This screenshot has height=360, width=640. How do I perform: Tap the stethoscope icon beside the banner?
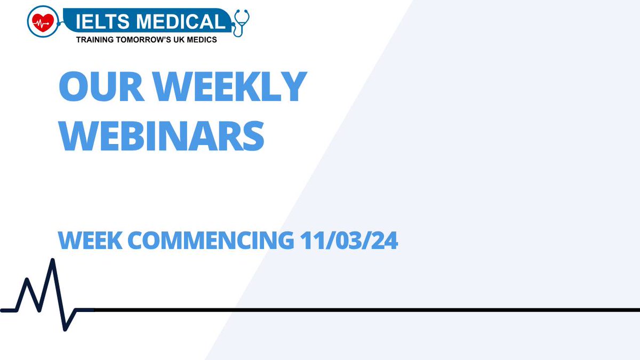pyautogui.click(x=241, y=22)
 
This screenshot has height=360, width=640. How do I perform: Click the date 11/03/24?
pyautogui.click(x=349, y=241)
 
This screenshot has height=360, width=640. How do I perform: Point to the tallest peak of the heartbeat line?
pyautogui.click(x=52, y=260)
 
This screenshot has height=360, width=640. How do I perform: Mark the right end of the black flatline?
pyautogui.click(x=638, y=309)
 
